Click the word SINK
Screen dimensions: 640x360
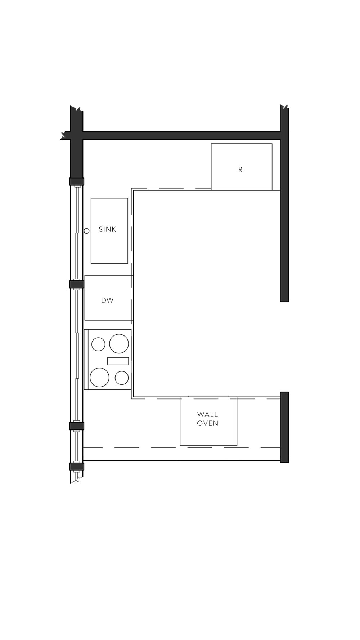tap(107, 229)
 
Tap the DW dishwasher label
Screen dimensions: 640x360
tap(107, 300)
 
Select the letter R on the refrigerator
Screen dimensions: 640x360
tap(240, 169)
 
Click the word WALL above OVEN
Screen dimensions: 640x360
tap(208, 415)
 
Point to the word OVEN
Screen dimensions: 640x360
tap(208, 423)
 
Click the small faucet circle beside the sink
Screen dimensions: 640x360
tap(86, 231)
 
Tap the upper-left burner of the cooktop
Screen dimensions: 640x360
tap(98, 344)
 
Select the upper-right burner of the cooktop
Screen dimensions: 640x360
tap(119, 343)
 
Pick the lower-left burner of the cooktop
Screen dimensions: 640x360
tap(99, 377)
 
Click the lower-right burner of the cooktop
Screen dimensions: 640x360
tap(122, 378)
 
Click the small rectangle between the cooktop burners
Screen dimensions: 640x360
tap(118, 361)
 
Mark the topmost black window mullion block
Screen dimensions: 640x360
tap(76, 181)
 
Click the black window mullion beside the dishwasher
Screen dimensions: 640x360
tap(76, 284)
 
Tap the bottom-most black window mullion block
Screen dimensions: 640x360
tap(76, 467)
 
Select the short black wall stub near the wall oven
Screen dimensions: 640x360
tap(284, 427)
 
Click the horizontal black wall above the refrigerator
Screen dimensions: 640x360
tap(180, 135)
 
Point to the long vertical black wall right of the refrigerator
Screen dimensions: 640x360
tap(284, 216)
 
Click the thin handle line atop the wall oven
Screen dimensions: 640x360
tap(208, 396)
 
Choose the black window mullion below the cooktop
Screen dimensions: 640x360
tap(76, 426)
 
